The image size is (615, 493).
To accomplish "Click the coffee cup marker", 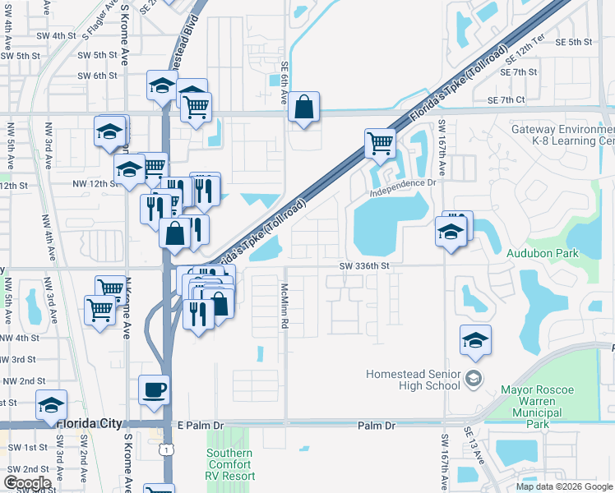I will [154, 389].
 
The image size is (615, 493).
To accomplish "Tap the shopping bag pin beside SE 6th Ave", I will [304, 107].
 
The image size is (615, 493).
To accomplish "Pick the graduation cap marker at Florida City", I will [52, 405].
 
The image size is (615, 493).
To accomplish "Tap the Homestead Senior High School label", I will [412, 380].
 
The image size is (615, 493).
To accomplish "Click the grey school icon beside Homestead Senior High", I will [473, 379].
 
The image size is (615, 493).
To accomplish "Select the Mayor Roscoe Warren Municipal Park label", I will [538, 408].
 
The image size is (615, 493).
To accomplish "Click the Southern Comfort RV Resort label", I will [229, 464].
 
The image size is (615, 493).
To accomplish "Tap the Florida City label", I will [90, 424].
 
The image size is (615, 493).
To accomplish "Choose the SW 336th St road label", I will [374, 266].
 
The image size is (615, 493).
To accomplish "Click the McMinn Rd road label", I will [284, 306].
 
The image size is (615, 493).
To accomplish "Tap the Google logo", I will [26, 483].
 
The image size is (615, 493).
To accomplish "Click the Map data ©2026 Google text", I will [564, 486].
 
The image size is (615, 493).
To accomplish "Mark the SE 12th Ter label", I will [525, 54].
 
